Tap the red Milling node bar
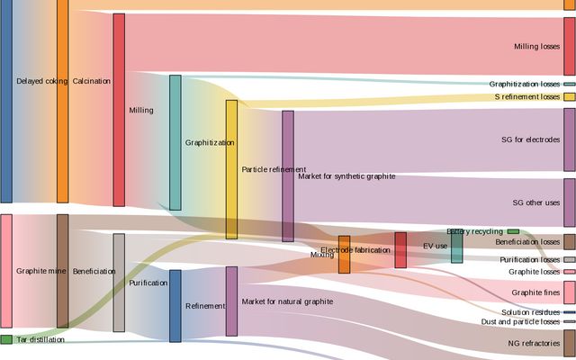pos(119,110)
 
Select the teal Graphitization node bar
pos(175,142)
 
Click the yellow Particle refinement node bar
pos(231,169)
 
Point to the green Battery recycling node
pos(513,231)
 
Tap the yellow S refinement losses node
pos(569,96)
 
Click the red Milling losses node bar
pos(569,46)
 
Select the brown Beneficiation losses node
pos(569,242)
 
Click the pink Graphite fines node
pos(569,292)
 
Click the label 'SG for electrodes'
pos(531,139)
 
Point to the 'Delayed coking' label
pos(36,81)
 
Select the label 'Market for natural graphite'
pos(287,276)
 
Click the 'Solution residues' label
pos(531,312)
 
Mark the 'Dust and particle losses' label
pos(520,321)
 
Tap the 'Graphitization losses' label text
pos(525,84)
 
